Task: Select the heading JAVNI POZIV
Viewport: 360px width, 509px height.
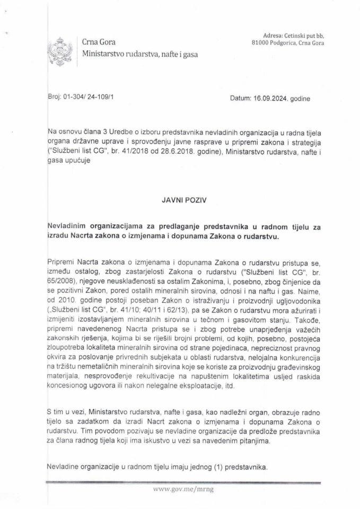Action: click(179, 201)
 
